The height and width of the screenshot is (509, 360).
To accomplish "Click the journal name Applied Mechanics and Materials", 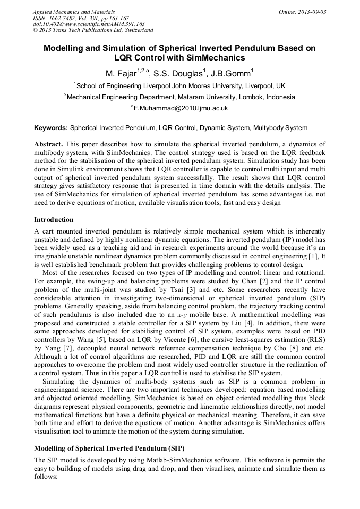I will (74, 11).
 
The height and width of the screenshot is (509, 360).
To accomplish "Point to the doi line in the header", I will (89, 24).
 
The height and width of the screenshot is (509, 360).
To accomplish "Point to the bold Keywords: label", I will (51, 128).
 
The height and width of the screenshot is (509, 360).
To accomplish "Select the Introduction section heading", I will (54, 219).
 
